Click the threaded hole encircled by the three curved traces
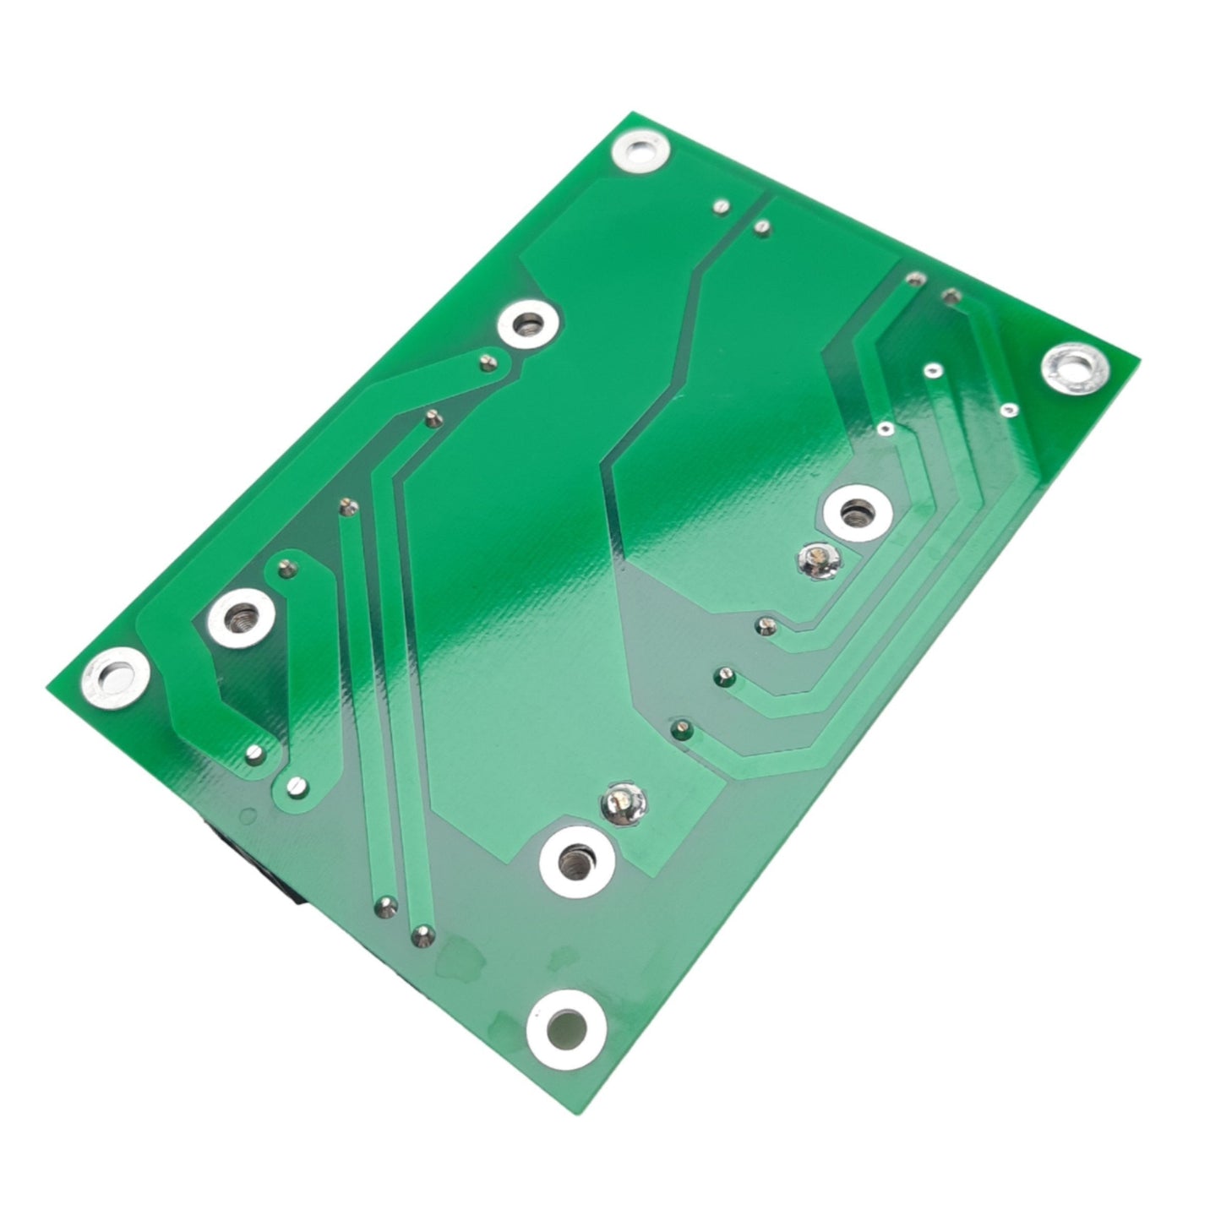[x=857, y=510]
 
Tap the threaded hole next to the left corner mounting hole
[x=241, y=614]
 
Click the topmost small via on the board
[x=722, y=205]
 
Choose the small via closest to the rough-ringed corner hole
[x=1007, y=410]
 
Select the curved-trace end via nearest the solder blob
[x=763, y=625]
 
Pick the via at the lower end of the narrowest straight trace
[x=385, y=907]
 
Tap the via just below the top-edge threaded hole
[x=486, y=363]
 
